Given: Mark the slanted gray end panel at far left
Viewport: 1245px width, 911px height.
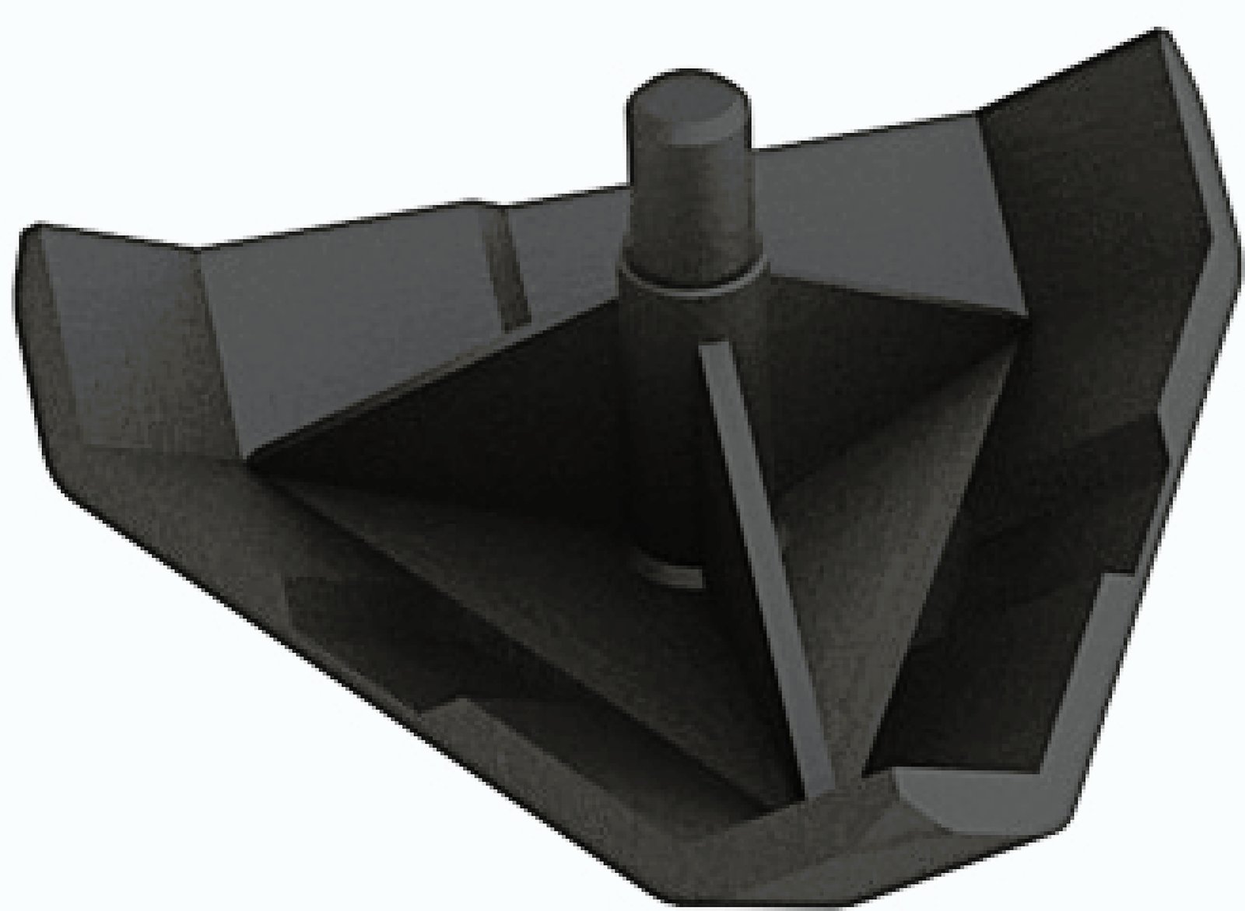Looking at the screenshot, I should tap(124, 342).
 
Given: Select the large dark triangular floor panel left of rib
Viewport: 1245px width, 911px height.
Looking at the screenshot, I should tap(498, 467).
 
